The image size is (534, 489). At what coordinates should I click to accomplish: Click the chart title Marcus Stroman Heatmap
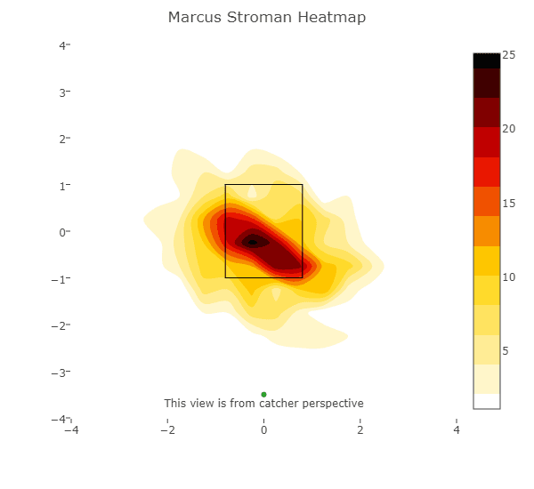267,18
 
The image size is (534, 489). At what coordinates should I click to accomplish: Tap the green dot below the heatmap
264,394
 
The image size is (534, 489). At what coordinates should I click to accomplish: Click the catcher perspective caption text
264,404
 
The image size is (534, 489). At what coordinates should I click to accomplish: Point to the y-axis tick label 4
63,44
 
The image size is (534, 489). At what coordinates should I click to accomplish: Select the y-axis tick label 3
63,92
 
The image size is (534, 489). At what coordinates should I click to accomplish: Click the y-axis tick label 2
63,139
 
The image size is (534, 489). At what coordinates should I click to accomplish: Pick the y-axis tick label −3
61,373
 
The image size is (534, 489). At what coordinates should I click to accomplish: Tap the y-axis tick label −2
61,325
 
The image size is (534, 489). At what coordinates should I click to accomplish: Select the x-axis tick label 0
264,430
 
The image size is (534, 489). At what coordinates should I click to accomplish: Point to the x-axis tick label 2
360,430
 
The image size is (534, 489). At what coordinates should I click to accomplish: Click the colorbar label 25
509,55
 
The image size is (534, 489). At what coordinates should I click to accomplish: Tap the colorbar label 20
509,129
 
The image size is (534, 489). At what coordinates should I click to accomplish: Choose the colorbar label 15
509,204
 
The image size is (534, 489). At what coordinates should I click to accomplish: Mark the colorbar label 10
509,277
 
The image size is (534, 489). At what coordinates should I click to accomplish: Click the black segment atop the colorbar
486,60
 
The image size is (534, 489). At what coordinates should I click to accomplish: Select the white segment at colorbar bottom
486,401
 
